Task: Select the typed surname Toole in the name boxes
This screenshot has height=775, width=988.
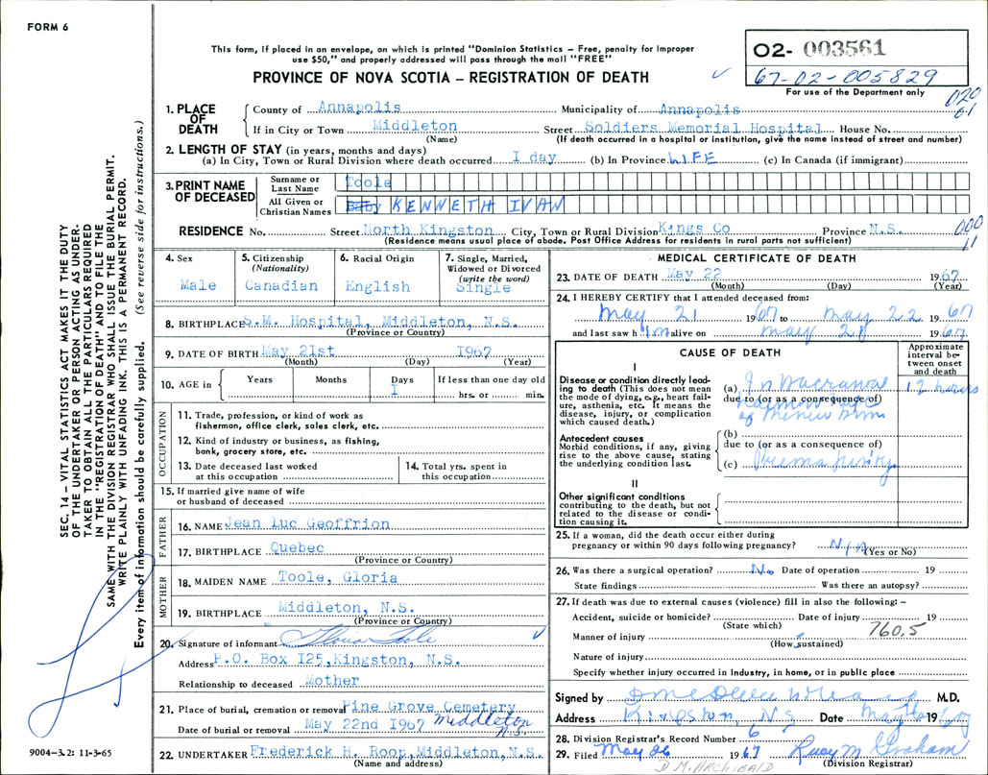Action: tap(368, 181)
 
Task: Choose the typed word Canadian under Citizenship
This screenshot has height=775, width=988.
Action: tap(279, 285)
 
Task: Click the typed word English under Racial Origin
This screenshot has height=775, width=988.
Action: tap(377, 286)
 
